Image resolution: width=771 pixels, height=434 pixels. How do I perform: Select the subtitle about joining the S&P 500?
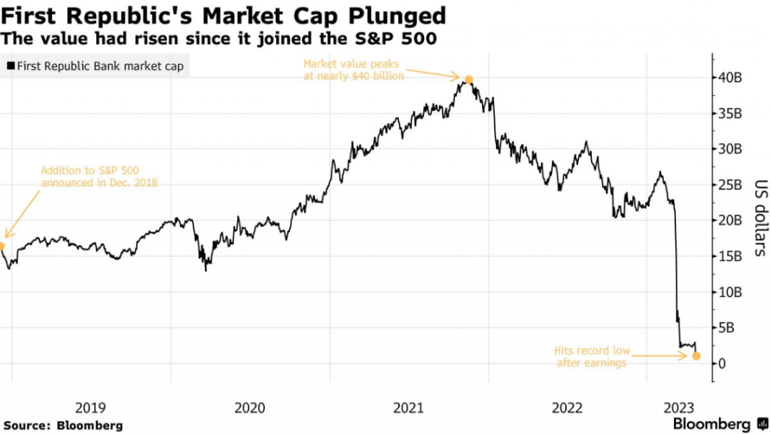220,38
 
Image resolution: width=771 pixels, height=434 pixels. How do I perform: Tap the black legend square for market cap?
10,66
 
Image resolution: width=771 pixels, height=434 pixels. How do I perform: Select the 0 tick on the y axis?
722,363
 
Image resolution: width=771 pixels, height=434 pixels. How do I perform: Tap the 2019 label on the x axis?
90,408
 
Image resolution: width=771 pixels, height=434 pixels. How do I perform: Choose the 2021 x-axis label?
408,408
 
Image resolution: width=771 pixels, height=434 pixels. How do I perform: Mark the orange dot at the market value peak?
469,79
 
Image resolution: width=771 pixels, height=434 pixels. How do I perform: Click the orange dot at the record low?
696,356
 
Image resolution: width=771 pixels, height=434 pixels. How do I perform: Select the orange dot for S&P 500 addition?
2,246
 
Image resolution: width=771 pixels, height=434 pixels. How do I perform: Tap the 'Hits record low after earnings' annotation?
591,356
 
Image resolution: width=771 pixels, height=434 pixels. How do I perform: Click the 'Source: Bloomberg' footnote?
62,425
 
